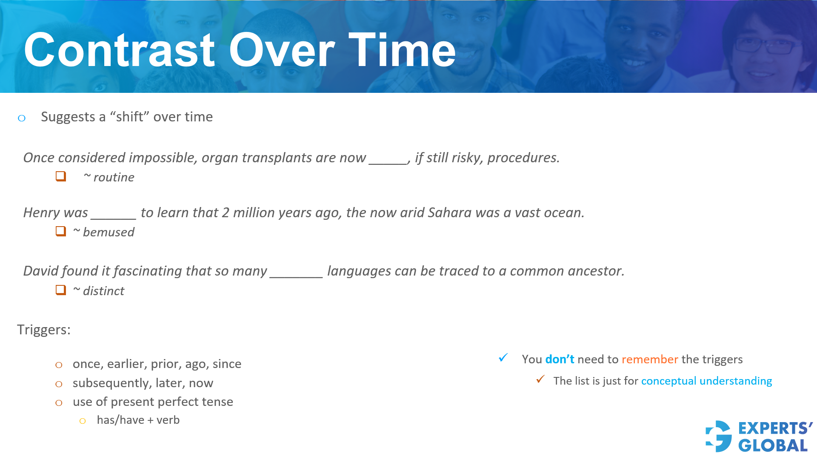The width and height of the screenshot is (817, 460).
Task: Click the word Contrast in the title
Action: click(120, 50)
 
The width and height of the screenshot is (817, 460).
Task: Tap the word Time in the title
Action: click(402, 50)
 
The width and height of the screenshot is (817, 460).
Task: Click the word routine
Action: click(114, 177)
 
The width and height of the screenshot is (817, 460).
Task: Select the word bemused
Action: click(109, 232)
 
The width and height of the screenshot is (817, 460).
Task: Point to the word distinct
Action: click(103, 291)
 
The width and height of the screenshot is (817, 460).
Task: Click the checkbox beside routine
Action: click(61, 176)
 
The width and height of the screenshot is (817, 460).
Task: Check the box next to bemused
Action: click(61, 231)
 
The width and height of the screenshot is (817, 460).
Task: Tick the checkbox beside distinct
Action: click(61, 290)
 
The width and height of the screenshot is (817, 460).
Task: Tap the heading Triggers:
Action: click(44, 330)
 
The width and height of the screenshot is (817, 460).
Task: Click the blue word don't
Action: click(560, 359)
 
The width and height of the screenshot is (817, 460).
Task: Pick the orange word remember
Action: click(650, 359)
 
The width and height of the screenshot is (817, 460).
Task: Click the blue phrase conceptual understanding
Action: click(706, 381)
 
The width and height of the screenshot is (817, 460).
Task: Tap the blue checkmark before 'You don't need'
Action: click(503, 358)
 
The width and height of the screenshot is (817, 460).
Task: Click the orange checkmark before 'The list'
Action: click(540, 379)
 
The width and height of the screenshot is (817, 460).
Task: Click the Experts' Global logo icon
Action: click(719, 436)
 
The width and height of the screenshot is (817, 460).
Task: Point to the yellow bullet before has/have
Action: click(83, 421)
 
